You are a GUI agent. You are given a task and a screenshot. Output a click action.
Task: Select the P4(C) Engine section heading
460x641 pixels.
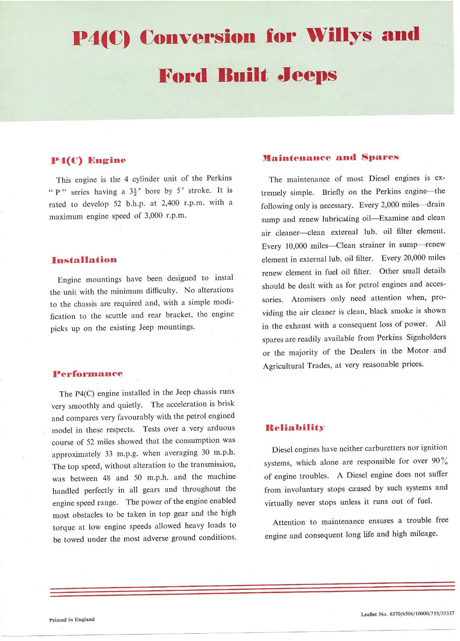88,160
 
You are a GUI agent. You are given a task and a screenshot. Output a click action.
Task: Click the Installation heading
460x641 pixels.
84,260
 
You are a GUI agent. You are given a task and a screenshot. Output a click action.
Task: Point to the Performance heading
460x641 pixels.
87,374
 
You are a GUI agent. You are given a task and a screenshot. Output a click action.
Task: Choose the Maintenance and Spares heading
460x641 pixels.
330,157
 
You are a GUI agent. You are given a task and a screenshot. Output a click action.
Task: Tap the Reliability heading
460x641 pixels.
295,427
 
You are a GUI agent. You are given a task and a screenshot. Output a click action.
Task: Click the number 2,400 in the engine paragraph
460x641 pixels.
171,203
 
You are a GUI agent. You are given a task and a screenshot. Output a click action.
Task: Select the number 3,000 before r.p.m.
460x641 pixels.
153,215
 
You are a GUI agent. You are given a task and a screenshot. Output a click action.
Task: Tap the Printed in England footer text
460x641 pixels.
72,619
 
